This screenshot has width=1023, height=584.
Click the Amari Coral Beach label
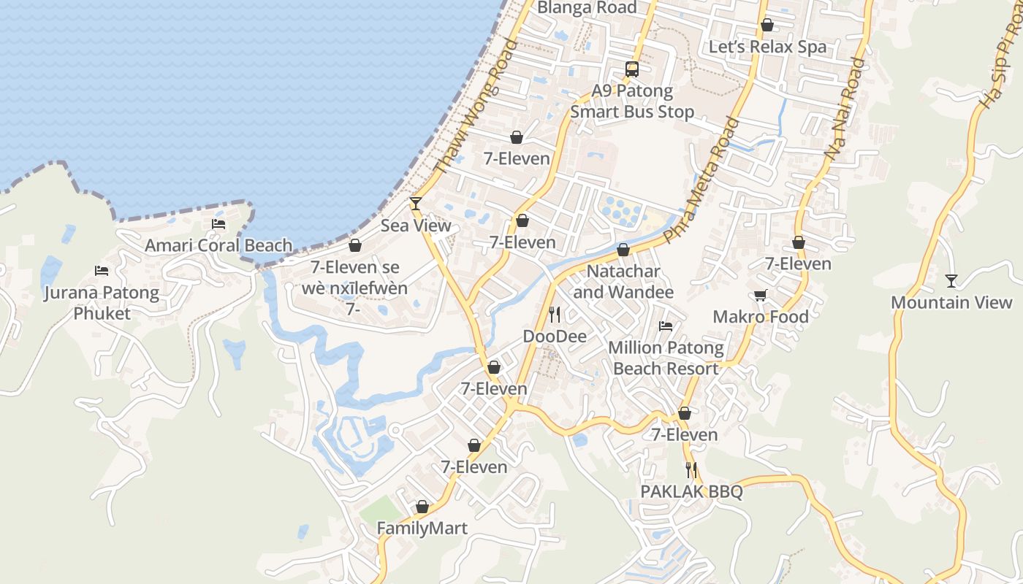218,245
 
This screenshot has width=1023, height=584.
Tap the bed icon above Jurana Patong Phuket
102,271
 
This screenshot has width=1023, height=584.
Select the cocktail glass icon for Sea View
416,204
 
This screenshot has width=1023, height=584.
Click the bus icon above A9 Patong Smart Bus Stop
632,69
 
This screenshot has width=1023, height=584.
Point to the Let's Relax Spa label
767,47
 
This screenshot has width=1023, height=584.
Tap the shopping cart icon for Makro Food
761,295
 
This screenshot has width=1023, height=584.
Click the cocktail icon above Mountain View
951,280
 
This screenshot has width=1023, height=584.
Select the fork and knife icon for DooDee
555,315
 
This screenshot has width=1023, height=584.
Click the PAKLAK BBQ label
691,491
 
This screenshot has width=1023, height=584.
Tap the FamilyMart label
422,528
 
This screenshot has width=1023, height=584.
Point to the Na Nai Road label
845,109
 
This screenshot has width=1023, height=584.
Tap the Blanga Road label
587,7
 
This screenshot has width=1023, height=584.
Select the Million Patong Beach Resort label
666,358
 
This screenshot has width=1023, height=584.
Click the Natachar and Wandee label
623,282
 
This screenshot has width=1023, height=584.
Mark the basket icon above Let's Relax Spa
767,26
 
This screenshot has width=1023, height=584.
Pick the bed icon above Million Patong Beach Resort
666,326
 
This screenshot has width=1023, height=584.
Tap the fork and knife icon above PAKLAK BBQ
691,470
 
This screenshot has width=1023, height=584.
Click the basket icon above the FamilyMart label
422,507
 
